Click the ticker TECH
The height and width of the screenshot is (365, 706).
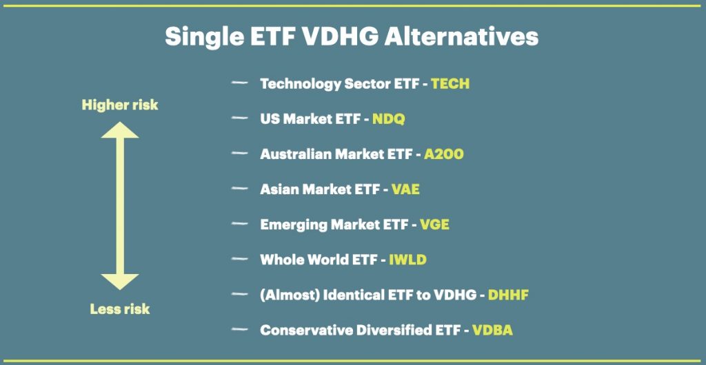[x=450, y=83]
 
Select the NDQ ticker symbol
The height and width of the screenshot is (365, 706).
[x=389, y=119]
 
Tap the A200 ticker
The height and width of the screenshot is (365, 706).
[x=443, y=154]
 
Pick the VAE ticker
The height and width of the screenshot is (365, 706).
[x=405, y=189]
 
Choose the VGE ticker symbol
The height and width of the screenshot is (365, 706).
[x=434, y=225]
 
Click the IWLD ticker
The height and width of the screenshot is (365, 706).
[x=407, y=260]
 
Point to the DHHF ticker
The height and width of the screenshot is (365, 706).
[x=508, y=295]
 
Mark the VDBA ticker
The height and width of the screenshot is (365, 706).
[x=492, y=331]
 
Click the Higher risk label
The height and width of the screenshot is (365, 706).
[x=120, y=105]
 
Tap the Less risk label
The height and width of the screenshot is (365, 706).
[x=120, y=309]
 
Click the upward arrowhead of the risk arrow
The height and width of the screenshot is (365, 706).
[x=120, y=130]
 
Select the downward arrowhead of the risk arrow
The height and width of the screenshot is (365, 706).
[x=120, y=282]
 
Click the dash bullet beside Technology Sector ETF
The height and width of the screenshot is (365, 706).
[x=239, y=83]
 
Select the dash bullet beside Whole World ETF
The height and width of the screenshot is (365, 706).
[x=239, y=259]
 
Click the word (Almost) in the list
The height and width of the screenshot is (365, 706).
[x=289, y=295]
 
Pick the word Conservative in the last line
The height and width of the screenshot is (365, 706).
[x=306, y=331]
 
